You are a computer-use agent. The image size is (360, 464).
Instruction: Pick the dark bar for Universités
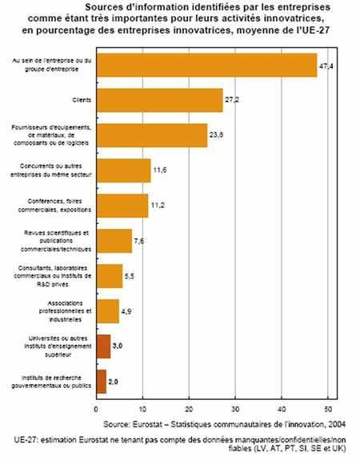(x=103, y=345)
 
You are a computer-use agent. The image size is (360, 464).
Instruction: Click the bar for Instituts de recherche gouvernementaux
(x=101, y=381)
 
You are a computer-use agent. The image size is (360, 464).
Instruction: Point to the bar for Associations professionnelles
(x=107, y=310)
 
